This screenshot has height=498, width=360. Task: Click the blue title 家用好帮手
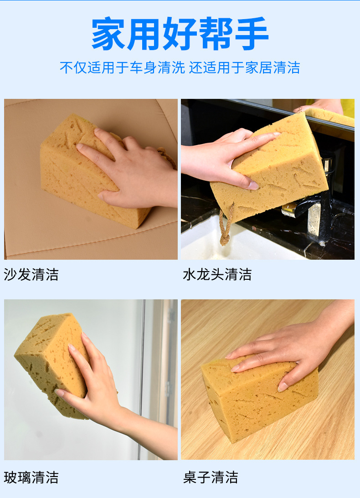[x=180, y=33]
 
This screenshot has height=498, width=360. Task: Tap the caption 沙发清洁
[x=31, y=274]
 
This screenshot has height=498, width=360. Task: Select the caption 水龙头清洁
[x=217, y=274]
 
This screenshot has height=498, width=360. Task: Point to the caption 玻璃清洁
[x=31, y=477]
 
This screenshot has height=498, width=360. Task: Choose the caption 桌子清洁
[x=211, y=477]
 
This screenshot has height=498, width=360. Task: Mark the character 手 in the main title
[x=252, y=33]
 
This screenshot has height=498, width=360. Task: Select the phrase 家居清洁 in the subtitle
[x=273, y=67]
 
